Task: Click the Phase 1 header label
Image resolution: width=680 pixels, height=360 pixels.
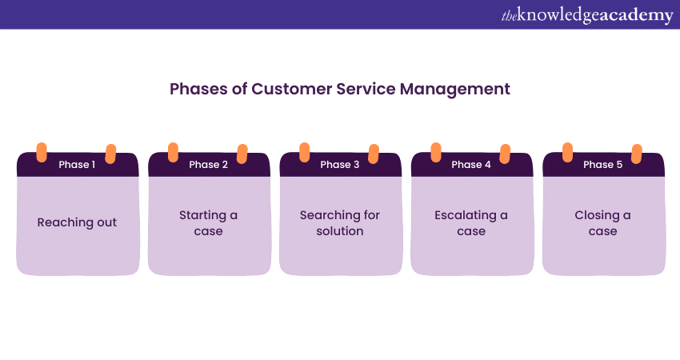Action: [77, 165]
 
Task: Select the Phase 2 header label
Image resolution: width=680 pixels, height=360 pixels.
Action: [208, 165]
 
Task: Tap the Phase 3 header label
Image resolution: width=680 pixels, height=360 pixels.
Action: [340, 165]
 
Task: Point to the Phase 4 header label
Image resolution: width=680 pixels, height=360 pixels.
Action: [471, 165]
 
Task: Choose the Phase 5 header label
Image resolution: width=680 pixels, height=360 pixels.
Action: [602, 165]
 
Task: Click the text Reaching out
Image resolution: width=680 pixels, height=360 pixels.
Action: [77, 222]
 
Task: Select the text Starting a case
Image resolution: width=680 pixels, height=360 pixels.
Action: [208, 223]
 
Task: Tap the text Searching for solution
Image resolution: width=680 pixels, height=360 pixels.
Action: [340, 223]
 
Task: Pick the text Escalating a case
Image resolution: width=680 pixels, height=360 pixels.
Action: [471, 223]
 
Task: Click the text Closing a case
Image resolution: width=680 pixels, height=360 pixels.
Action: [602, 223]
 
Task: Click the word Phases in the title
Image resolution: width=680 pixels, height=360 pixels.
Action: [194, 89]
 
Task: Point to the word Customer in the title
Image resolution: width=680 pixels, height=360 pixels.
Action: [286, 89]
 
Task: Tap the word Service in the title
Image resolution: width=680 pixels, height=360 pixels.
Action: [368, 89]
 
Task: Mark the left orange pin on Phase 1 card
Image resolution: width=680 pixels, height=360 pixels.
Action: [42, 153]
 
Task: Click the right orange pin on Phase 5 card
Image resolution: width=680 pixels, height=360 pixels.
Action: [637, 153]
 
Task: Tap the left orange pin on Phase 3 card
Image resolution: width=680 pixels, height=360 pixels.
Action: [304, 153]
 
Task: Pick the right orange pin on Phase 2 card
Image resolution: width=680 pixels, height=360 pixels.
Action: [242, 153]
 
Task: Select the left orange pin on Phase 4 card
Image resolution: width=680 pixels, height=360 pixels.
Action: [436, 153]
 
